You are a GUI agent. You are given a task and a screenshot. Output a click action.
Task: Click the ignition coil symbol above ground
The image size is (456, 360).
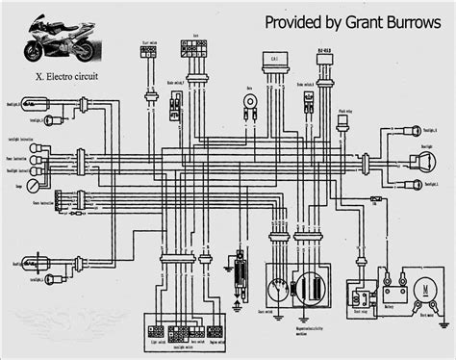click(238, 265)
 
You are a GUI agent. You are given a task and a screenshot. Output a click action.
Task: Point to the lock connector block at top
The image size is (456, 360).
click(197, 46)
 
